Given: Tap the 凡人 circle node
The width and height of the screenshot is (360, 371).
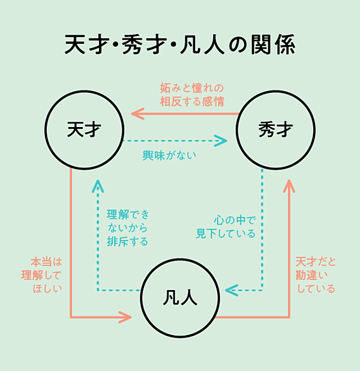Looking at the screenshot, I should [x=180, y=297].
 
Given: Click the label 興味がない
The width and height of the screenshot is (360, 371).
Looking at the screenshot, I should [x=170, y=155].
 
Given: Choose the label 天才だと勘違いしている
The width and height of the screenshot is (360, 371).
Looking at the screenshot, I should [x=316, y=276].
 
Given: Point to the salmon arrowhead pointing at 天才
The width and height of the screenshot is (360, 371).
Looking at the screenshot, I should [x=136, y=113].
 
